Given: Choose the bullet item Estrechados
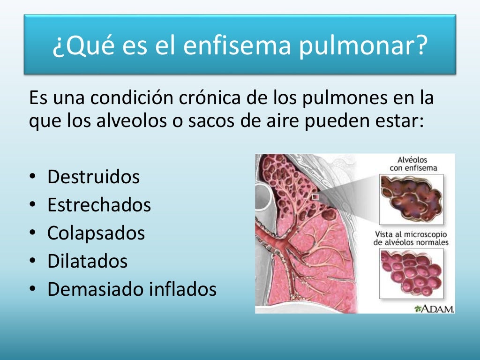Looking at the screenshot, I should point(99,205).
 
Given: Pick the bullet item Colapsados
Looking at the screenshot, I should point(96,233).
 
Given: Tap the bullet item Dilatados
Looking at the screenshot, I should point(88,261).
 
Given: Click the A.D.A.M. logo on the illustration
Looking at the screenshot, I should point(435,308).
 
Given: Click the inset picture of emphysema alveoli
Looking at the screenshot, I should point(411,196).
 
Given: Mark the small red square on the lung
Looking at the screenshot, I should point(315,197).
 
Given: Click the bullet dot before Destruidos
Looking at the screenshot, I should point(32,178).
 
